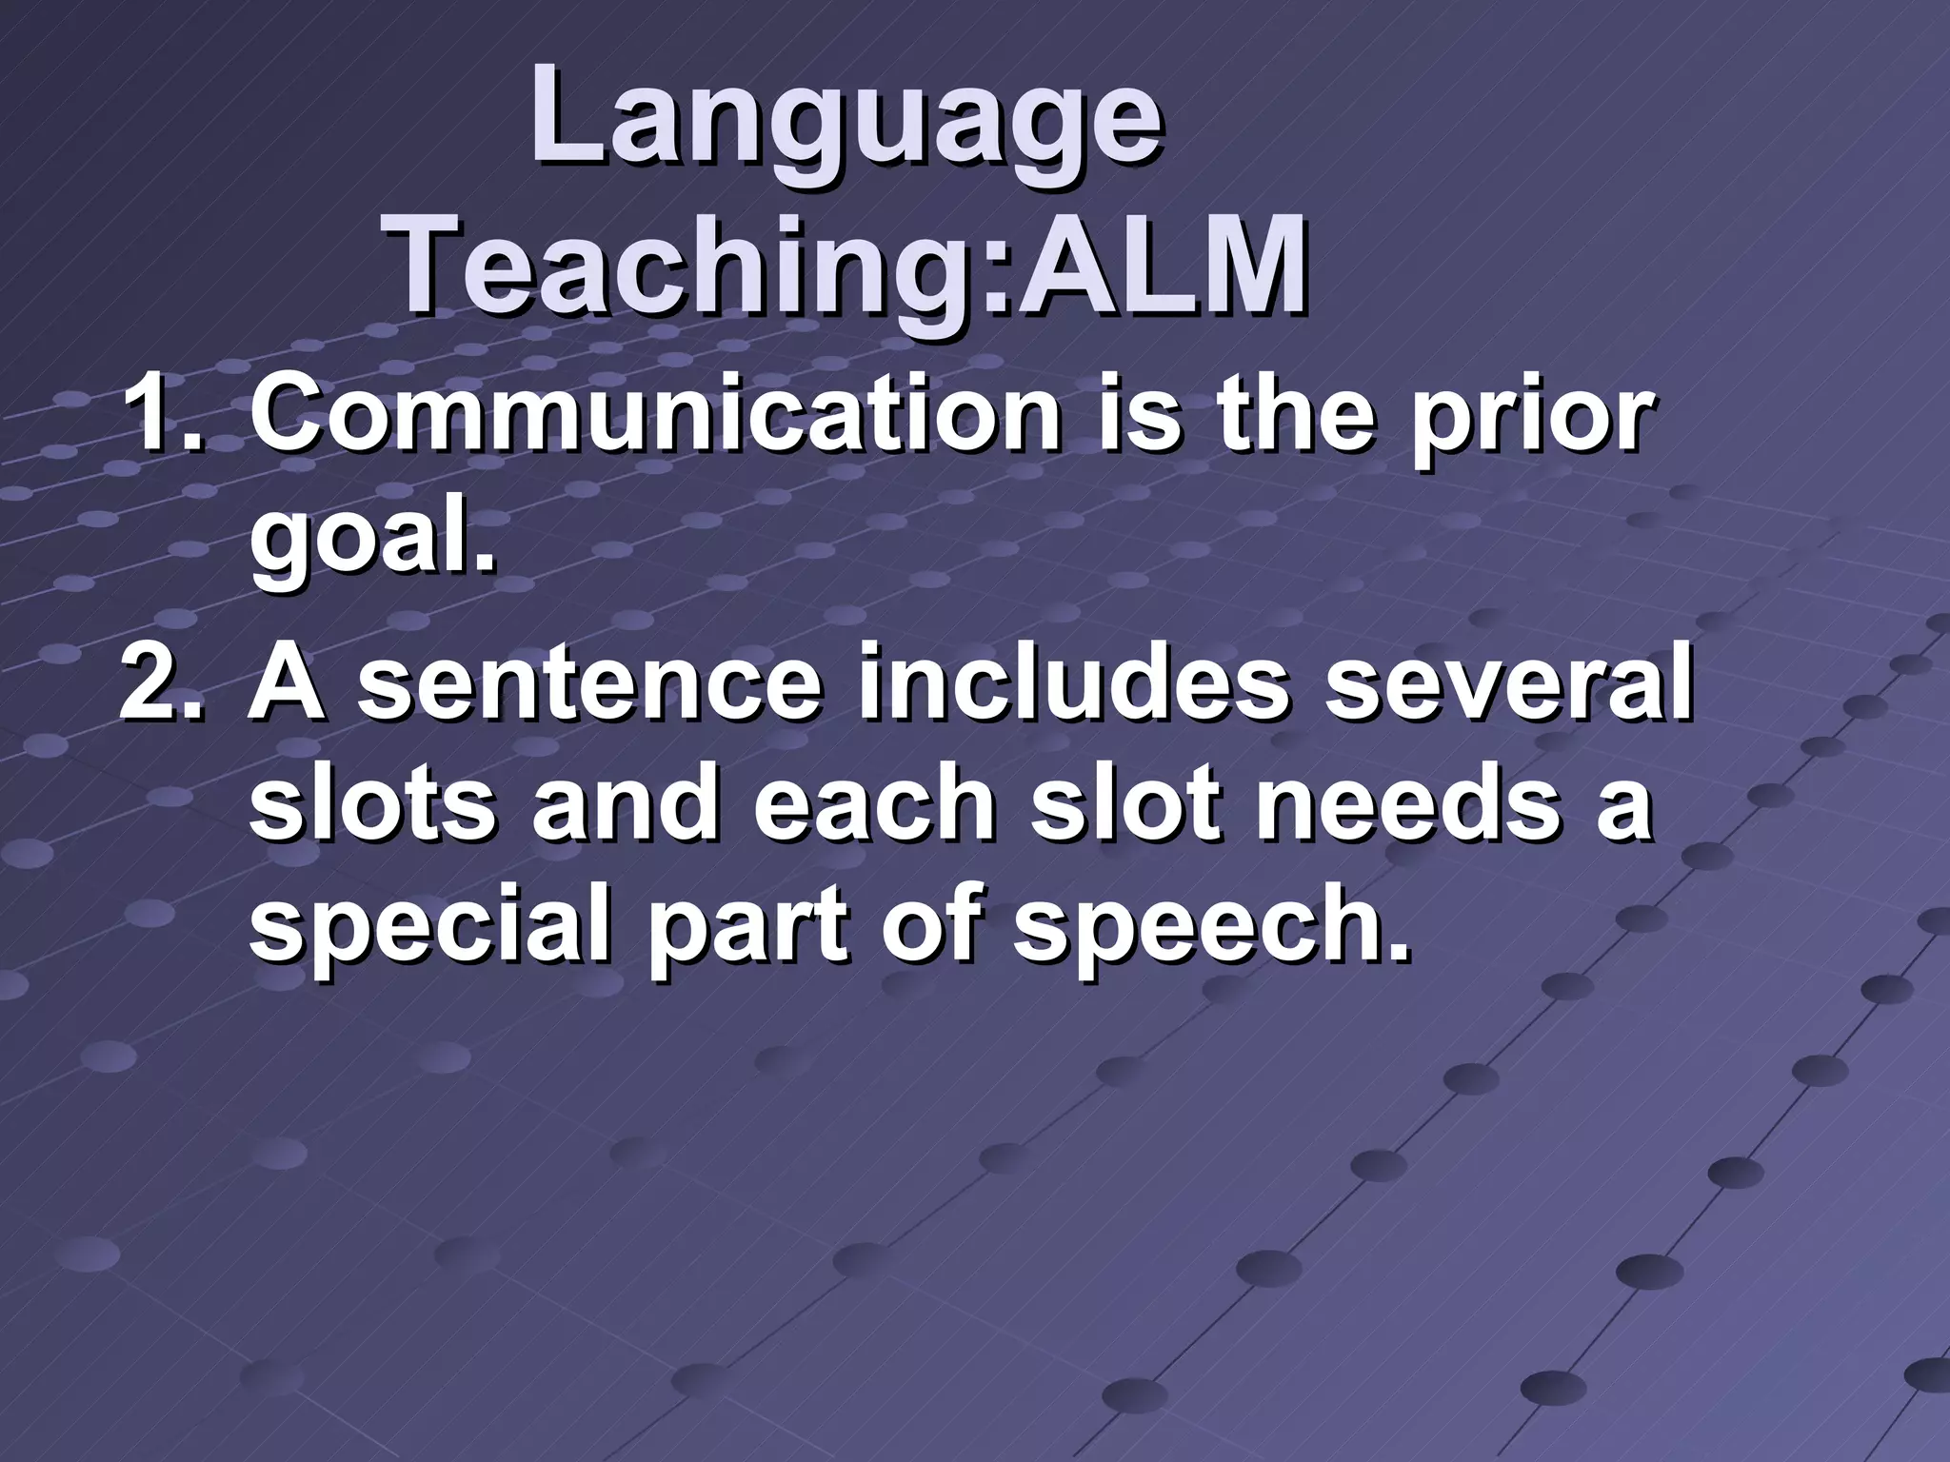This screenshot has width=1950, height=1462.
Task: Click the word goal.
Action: point(371,540)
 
